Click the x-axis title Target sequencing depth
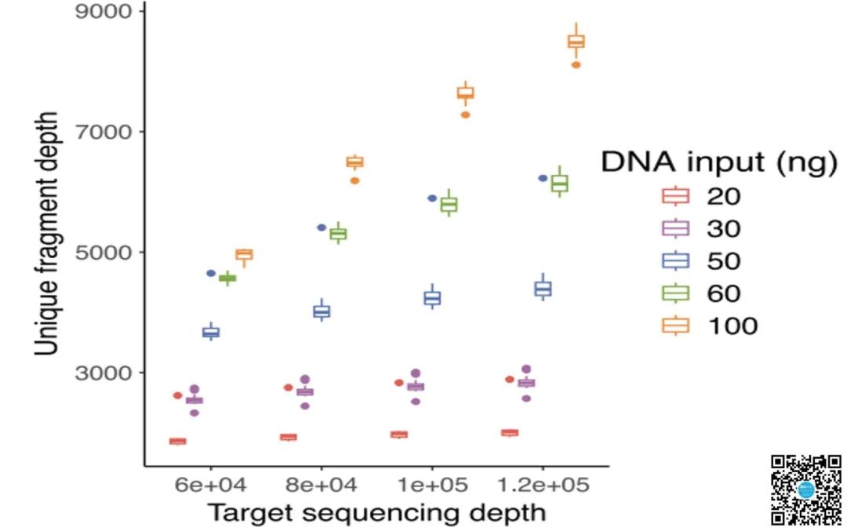[x=376, y=513]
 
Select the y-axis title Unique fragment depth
[x=49, y=234]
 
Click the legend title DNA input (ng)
[x=718, y=162]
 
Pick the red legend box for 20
[x=676, y=196]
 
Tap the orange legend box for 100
[x=676, y=326]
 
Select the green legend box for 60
[x=676, y=293]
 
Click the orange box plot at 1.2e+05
[x=576, y=42]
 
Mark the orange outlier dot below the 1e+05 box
[x=465, y=115]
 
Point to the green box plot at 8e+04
[x=338, y=234]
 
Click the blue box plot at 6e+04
[x=211, y=333]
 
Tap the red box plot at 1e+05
[x=398, y=435]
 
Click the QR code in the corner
[x=806, y=489]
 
